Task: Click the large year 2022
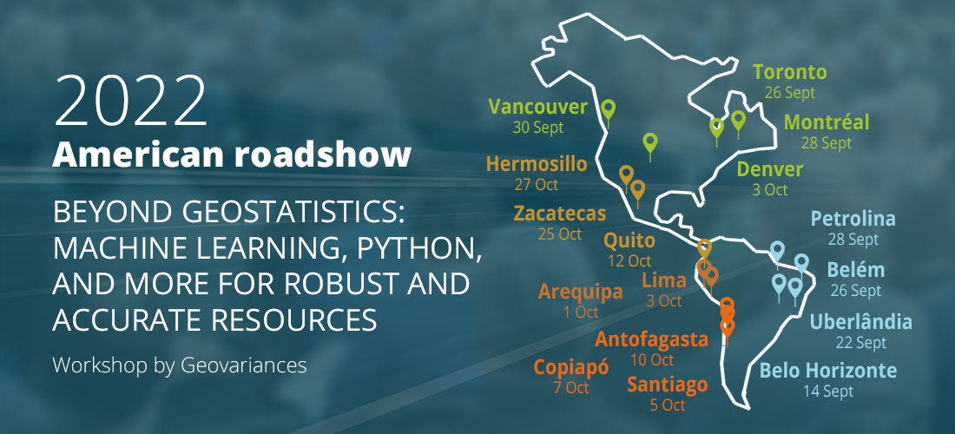click(131, 101)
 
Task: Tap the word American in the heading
click(138, 155)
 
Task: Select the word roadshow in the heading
click(322, 155)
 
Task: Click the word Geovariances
click(244, 365)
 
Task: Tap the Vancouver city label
click(537, 108)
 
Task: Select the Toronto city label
click(790, 72)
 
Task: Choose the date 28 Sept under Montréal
click(826, 143)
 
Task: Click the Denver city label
click(770, 169)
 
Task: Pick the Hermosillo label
click(537, 164)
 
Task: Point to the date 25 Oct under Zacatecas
click(560, 233)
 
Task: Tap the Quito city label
click(629, 241)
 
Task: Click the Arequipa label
click(581, 293)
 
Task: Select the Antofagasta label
click(651, 339)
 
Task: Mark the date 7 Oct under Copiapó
click(571, 388)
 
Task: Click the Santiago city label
click(668, 385)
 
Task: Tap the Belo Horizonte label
click(828, 370)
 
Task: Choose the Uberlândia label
click(860, 322)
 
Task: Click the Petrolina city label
click(853, 219)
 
